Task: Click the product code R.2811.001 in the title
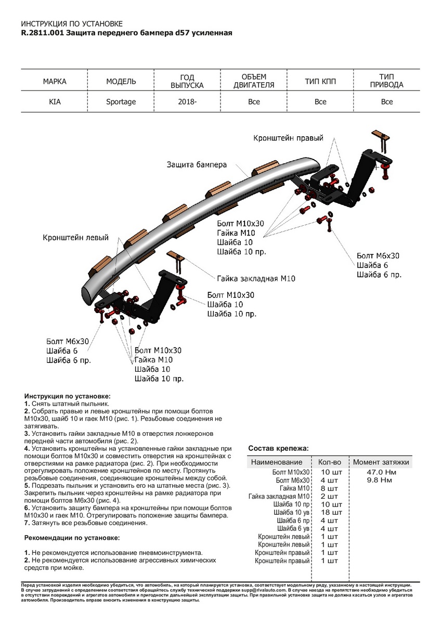tap(43, 33)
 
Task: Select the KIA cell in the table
tap(55, 102)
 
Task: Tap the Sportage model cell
tap(121, 102)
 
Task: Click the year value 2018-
tap(187, 102)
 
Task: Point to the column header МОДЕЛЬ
tap(121, 82)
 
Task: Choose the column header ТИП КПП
tap(320, 82)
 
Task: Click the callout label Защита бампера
tap(197, 164)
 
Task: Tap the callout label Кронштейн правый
tap(288, 138)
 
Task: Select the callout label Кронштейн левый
tap(76, 238)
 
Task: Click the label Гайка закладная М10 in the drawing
tap(256, 279)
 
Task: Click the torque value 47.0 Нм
tap(381, 472)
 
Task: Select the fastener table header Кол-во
tap(329, 462)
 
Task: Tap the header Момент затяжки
tap(381, 462)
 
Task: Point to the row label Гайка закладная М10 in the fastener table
tap(279, 497)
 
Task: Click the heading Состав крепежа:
tap(278, 448)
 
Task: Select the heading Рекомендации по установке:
tap(72, 537)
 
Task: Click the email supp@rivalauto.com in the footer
tap(260, 591)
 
